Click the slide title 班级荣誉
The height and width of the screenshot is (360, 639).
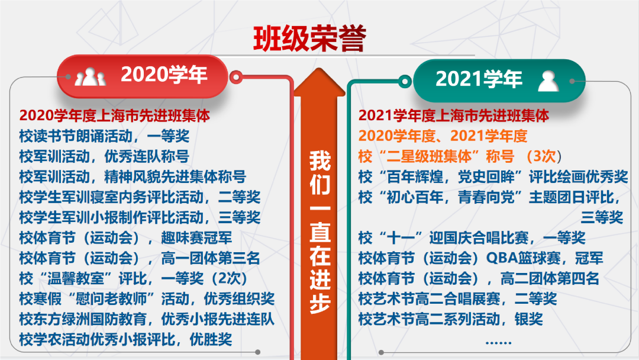click(309, 38)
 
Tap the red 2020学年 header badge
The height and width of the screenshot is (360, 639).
click(142, 76)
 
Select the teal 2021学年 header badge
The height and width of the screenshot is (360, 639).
click(499, 81)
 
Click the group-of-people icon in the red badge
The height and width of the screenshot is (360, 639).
click(90, 76)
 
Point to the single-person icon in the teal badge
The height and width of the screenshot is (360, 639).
click(548, 81)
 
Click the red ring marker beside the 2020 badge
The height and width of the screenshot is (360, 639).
click(236, 76)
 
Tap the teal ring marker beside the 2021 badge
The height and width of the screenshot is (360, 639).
click(405, 82)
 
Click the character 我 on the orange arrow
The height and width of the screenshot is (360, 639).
click(319, 160)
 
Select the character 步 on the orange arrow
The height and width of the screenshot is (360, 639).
click(319, 303)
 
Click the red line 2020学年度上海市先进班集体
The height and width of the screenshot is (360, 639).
click(115, 116)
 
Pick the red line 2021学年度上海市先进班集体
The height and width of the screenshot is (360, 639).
click(454, 116)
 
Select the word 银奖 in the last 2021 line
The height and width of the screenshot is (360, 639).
click(528, 319)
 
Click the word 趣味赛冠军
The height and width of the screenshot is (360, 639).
click(196, 237)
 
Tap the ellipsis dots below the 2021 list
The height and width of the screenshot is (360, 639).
click(498, 343)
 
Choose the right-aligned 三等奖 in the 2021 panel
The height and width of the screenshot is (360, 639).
click(602, 217)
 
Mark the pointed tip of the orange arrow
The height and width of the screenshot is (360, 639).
click(319, 68)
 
